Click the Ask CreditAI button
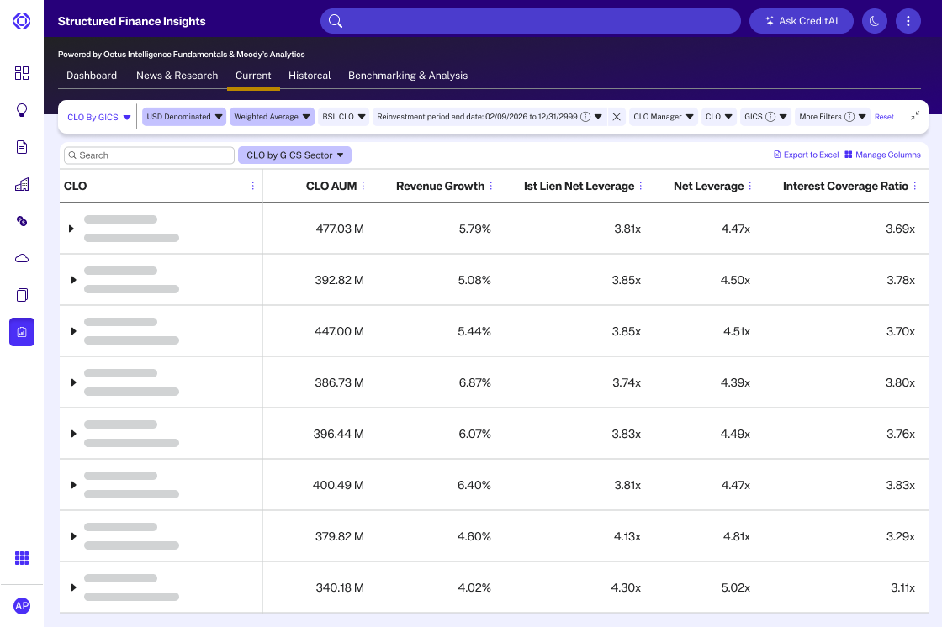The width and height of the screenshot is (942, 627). (801, 21)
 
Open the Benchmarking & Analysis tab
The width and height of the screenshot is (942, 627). (407, 76)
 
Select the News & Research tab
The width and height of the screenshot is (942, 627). (177, 76)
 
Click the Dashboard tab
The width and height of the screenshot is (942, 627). (92, 76)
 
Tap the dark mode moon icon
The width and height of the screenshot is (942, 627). (875, 21)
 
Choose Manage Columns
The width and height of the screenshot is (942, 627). (882, 155)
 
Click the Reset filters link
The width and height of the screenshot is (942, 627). (884, 117)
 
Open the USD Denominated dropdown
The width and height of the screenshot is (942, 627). (184, 117)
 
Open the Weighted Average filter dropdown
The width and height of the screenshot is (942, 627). (272, 117)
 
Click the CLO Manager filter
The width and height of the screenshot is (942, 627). (664, 117)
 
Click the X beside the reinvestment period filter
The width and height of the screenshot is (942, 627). (617, 117)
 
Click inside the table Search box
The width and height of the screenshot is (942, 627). (149, 155)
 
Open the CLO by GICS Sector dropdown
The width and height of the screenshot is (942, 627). (294, 155)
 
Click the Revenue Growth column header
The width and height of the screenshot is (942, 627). (440, 186)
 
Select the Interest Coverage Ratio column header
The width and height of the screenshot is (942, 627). (845, 186)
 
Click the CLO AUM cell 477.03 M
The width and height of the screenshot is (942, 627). (340, 229)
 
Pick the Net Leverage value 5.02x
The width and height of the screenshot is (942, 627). (735, 587)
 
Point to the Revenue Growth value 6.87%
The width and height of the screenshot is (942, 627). (474, 382)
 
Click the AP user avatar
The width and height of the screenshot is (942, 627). (22, 606)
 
